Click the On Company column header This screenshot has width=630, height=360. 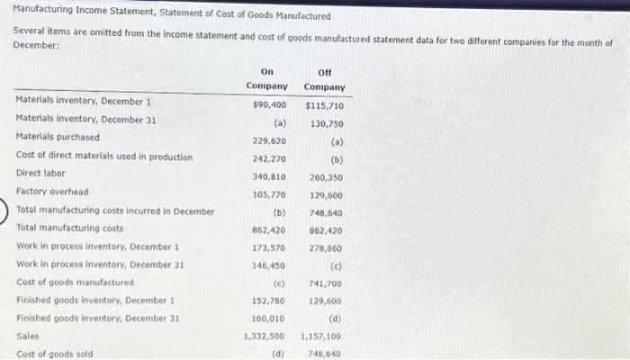click(267, 79)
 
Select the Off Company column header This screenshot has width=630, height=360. click(324, 79)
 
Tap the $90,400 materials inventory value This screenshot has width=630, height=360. click(269, 105)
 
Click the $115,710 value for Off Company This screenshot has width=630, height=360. click(324, 105)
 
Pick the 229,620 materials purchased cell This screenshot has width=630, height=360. click(269, 141)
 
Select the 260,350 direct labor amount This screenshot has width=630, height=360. click(325, 177)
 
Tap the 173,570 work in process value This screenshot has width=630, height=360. click(269, 247)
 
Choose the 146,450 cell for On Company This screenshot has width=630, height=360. click(269, 265)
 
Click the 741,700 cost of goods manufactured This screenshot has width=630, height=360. click(325, 283)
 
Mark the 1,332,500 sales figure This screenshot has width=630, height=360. click(265, 336)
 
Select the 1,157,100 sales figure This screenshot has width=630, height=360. click(320, 336)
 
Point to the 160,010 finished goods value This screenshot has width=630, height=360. click(269, 318)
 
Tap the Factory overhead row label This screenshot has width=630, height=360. click(52, 192)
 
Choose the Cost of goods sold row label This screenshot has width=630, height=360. click(54, 354)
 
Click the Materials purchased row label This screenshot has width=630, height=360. click(58, 138)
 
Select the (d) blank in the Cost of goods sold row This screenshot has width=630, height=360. click(278, 354)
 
